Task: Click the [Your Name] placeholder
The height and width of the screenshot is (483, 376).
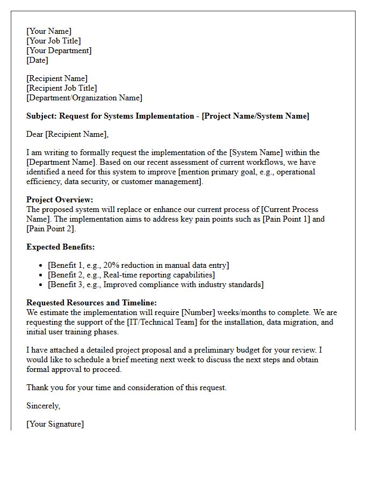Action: point(49,31)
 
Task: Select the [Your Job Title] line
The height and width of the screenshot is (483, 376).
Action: point(54,41)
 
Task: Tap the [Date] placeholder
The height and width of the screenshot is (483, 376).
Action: point(37,60)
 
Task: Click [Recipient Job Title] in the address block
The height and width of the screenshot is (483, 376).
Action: point(62,88)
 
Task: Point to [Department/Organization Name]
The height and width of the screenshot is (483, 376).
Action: point(84,98)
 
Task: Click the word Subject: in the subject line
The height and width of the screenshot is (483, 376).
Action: point(41,116)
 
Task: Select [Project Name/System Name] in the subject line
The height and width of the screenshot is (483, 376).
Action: point(255,116)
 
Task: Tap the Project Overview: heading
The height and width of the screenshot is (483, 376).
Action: point(60,200)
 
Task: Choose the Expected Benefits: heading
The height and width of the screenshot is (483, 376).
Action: point(61,247)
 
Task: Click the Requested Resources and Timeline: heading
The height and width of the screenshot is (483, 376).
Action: point(91,303)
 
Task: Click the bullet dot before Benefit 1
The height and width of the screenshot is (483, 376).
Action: point(41,266)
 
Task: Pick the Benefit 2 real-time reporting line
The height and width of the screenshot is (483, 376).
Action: point(131,275)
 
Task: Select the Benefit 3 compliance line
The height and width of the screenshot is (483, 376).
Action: point(155,284)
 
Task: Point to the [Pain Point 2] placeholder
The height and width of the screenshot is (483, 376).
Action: point(51,229)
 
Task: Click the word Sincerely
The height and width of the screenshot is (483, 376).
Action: point(43,406)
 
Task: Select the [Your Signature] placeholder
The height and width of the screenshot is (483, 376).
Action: point(55,424)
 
